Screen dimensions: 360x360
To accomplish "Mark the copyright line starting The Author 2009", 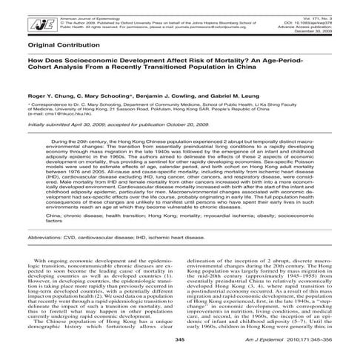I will [111, 10].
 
